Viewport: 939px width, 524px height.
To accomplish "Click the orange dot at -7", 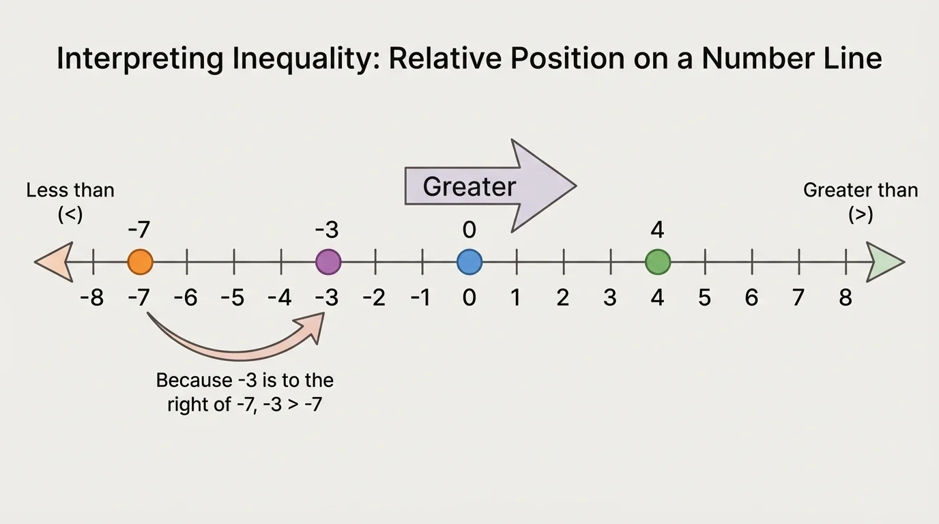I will click(140, 261).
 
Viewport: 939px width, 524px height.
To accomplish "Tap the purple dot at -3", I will click(328, 261).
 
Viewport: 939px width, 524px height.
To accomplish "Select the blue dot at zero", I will click(469, 261).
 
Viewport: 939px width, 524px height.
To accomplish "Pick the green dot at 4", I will click(658, 261).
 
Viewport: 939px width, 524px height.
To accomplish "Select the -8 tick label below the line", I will click(91, 298).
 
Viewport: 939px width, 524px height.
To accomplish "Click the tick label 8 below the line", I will click(846, 298).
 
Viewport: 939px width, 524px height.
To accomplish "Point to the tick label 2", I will click(563, 298).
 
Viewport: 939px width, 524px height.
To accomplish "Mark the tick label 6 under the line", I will click(751, 298).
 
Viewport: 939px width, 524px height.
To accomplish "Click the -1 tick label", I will click(421, 298).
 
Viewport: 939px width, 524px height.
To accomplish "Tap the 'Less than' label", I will click(70, 190).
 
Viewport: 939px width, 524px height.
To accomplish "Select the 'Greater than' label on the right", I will click(861, 190).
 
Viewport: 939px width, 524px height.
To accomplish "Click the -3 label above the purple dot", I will click(327, 230).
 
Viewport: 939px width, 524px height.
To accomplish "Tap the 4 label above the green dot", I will click(657, 230).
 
